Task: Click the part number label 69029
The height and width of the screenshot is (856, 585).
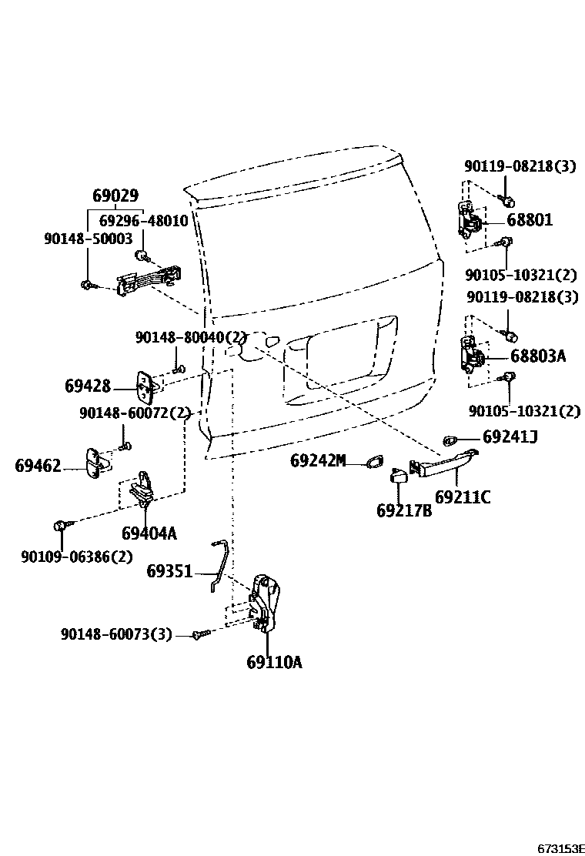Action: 115,196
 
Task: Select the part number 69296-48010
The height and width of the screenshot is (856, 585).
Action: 142,220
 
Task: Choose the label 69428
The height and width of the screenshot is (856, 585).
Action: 88,386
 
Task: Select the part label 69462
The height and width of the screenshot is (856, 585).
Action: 38,465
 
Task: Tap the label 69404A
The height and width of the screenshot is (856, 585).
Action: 149,533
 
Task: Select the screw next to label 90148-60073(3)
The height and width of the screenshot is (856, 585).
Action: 202,634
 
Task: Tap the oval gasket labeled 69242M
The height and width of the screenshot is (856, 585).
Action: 374,462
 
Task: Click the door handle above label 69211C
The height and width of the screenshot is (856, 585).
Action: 440,467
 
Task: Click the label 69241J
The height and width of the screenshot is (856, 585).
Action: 510,437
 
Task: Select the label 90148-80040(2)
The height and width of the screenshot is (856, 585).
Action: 190,337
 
